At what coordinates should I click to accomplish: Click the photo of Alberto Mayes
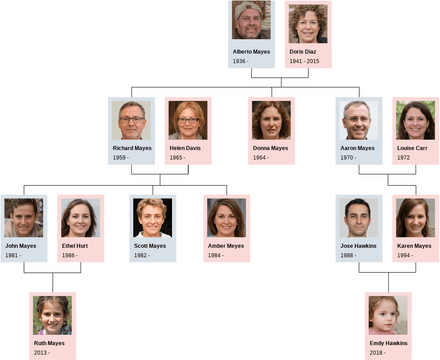tap(251, 22)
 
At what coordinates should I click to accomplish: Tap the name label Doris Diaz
tap(303, 51)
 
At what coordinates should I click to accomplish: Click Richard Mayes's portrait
tap(131, 120)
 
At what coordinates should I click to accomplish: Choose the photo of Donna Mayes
tap(271, 120)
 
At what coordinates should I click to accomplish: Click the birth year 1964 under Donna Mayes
tap(261, 157)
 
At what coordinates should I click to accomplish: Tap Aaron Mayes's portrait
tap(358, 120)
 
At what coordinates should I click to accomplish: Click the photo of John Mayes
tap(23, 217)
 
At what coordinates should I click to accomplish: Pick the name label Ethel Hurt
tap(75, 245)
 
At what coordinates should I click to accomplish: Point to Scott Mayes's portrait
tap(152, 217)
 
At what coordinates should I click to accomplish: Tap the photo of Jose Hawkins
tap(358, 217)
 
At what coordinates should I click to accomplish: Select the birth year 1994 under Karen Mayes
tap(405, 254)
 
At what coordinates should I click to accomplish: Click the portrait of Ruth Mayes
tap(52, 314)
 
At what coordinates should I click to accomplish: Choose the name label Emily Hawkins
tap(387, 343)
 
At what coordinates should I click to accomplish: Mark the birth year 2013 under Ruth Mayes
tap(42, 352)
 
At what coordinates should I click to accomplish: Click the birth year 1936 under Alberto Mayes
tap(241, 60)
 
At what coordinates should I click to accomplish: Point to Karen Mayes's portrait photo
tap(415, 217)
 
